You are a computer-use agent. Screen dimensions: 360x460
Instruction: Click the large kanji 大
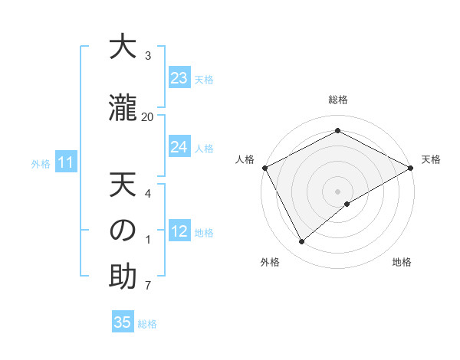pos(123,47)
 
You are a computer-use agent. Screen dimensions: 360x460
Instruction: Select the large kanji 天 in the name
pos(123,185)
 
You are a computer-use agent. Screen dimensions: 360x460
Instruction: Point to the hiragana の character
pos(123,231)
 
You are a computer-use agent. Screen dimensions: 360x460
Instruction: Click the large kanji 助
pos(123,277)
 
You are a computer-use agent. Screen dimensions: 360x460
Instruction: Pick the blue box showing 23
pos(179,78)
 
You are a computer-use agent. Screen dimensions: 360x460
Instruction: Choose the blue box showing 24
pos(179,147)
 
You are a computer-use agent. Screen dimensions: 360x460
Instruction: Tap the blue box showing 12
pos(179,231)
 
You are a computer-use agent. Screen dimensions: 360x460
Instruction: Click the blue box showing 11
pos(65,162)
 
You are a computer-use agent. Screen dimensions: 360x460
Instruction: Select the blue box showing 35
pos(123,322)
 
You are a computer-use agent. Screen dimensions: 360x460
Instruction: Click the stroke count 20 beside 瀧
pos(147,116)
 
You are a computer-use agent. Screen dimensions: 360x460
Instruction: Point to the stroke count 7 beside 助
pos(148,286)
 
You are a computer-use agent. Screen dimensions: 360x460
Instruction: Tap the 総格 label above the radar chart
pos(338,100)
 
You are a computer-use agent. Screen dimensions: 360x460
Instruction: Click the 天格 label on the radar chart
pos(431,159)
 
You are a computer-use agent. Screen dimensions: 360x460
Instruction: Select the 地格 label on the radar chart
pos(402,263)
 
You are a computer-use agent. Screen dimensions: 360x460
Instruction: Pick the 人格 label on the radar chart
pos(245,159)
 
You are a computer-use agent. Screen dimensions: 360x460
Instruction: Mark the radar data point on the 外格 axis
pos(302,242)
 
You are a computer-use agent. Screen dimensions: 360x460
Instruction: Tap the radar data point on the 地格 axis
pos(347,204)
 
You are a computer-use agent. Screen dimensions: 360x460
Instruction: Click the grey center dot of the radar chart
pos(338,191)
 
